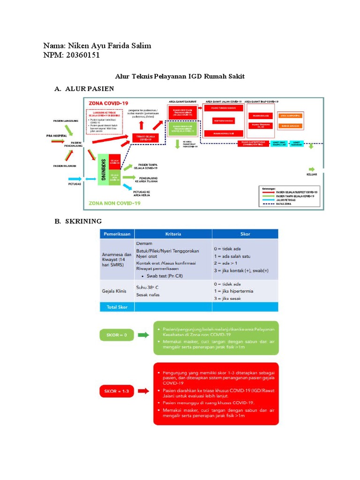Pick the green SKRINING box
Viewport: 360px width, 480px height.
[x=103, y=170]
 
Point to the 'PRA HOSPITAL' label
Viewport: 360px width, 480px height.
[x=56, y=135]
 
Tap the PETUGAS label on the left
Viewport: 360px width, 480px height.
[x=75, y=184]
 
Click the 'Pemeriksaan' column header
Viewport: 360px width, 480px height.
[x=117, y=233]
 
